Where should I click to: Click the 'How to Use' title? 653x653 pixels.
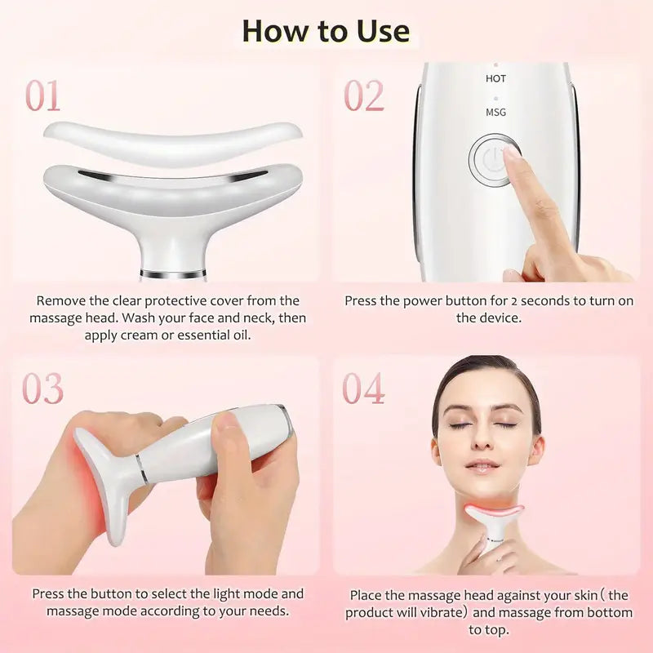[x=326, y=30]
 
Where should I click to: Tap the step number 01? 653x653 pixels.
[x=42, y=96]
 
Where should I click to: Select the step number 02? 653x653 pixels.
[x=363, y=96]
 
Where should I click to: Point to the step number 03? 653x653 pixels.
[x=42, y=389]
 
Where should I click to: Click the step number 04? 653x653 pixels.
[x=363, y=389]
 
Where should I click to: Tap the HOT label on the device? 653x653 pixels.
[x=495, y=78]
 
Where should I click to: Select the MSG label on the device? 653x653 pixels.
[x=495, y=112]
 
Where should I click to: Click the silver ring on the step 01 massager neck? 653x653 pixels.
[x=171, y=273]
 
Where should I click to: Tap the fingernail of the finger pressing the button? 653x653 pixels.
[x=512, y=153]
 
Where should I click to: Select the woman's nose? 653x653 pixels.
[x=482, y=442]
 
